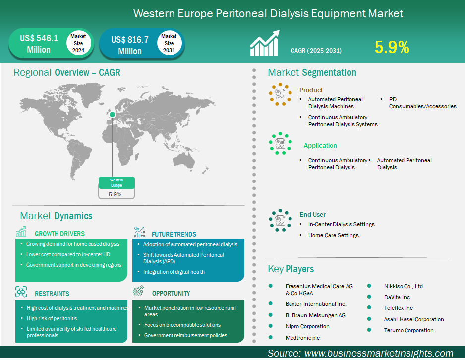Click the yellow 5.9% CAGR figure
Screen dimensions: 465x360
[392, 47]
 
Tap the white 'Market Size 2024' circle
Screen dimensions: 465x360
[78, 43]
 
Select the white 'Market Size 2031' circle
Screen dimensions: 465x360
[169, 43]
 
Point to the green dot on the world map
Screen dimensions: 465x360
[112, 114]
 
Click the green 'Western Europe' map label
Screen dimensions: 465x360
[116, 182]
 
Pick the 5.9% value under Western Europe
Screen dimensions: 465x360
[115, 194]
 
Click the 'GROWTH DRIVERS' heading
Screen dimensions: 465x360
[59, 234]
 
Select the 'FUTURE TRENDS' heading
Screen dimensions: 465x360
[174, 234]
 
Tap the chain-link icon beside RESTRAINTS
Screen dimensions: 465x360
[21, 292]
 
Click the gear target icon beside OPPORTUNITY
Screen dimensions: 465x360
[138, 291]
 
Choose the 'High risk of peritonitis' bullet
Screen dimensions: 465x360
[52, 318]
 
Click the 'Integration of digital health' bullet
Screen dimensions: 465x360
[174, 272]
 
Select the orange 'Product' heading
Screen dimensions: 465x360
[311, 90]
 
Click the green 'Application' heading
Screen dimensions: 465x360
[320, 146]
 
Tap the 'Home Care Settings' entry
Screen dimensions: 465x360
[333, 235]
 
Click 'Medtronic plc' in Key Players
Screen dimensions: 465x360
[302, 338]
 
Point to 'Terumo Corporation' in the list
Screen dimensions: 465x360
[408, 330]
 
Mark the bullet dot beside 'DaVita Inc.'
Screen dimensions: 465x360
[369, 297]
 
